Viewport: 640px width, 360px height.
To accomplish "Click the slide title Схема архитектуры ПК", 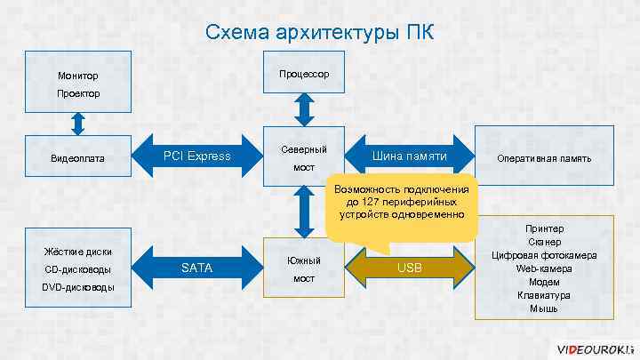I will (x=320, y=33).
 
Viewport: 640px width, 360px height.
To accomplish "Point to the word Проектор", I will (x=78, y=93).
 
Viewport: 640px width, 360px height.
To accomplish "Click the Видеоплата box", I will (x=78, y=158).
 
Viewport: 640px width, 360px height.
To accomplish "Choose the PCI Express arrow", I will (x=196, y=157).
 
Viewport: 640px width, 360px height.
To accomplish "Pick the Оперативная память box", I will (x=545, y=158).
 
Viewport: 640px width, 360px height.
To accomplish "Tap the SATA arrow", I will (x=196, y=268).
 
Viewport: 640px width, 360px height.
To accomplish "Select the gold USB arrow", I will (x=410, y=268).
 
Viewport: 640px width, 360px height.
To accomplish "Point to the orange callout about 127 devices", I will (x=401, y=204).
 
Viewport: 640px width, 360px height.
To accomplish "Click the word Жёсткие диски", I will (x=77, y=252).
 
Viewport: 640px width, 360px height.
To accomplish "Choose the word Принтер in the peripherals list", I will (x=544, y=228).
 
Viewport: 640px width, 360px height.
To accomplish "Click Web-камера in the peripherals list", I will (x=544, y=268).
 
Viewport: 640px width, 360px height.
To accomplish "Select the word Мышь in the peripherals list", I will (x=544, y=308).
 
